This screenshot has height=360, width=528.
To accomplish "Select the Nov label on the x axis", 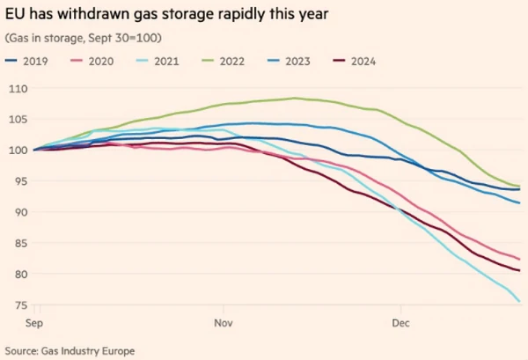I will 223,323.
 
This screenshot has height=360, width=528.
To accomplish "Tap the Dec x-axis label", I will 401,323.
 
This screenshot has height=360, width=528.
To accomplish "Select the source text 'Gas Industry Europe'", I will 91,350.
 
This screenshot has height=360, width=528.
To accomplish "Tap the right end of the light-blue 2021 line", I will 519,302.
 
